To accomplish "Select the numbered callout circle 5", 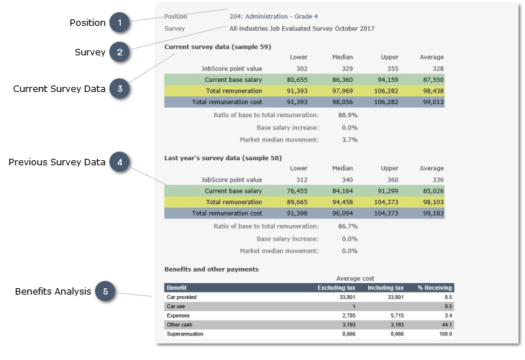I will tap(105, 292).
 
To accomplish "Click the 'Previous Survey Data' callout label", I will tap(57, 162).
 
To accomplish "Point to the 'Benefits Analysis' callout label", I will tap(52, 292).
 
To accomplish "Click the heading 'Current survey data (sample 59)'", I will tap(217, 46).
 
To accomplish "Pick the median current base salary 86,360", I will tap(342, 79).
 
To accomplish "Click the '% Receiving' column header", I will tap(434, 287).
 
